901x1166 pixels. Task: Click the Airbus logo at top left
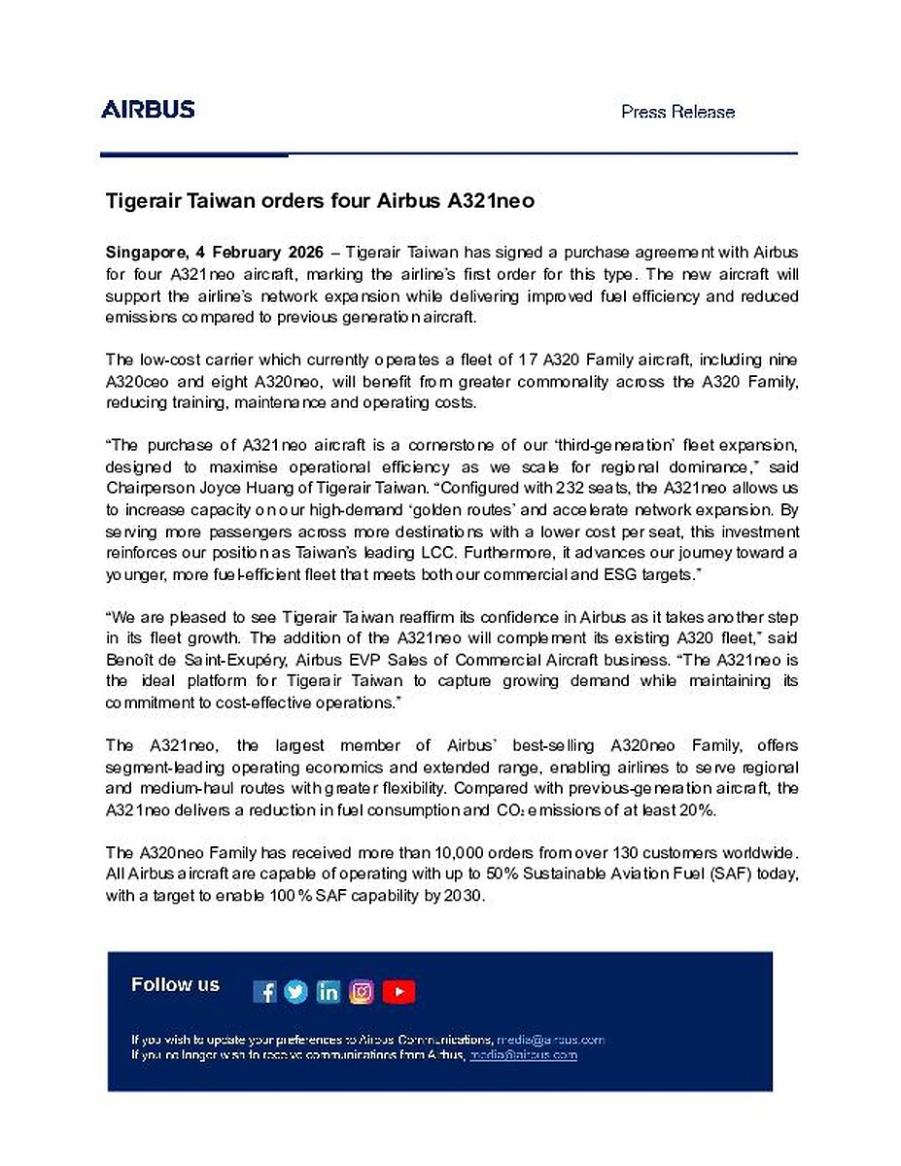coord(148,109)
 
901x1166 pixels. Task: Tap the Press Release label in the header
coord(677,112)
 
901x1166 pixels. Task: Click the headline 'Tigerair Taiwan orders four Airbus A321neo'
coord(321,202)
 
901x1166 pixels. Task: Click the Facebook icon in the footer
coord(264,991)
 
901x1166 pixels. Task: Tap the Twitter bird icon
coord(296,991)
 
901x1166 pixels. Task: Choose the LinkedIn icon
coord(329,991)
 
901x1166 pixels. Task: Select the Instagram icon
coord(362,991)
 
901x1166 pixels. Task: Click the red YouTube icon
coord(399,991)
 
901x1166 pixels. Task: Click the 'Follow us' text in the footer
coord(175,985)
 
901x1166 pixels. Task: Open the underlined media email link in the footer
coord(524,1054)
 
